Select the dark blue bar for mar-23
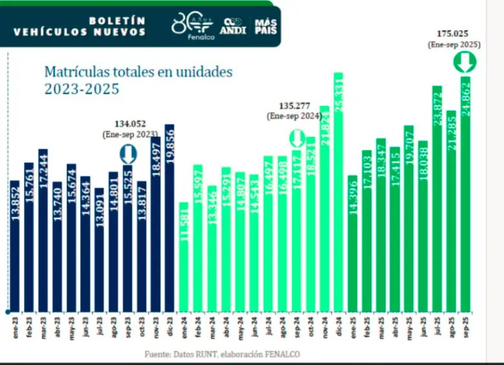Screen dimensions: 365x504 point(43,230)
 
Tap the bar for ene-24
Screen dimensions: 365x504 point(184,256)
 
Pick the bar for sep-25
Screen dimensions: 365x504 point(465,194)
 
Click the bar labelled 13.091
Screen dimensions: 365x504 point(99,249)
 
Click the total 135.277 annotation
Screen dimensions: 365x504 point(295,105)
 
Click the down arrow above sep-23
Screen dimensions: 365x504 point(127,153)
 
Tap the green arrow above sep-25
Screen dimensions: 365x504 point(465,62)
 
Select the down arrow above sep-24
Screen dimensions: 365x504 point(296,138)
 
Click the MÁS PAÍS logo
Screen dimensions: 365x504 point(266,26)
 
